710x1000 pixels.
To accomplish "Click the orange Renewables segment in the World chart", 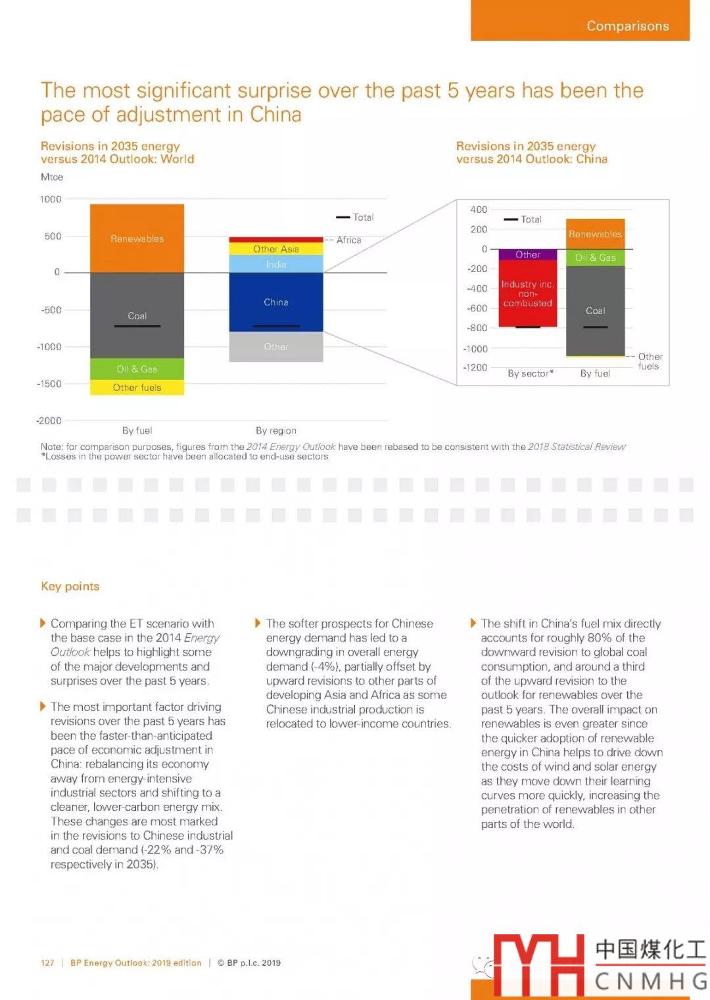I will (137, 238).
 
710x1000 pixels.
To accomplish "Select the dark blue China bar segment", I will (276, 302).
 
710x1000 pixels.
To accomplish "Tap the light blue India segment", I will (276, 264).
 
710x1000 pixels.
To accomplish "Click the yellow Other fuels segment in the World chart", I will (137, 387).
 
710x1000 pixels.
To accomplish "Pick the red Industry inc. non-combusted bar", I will (528, 293).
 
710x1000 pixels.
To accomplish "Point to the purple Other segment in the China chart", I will (528, 254).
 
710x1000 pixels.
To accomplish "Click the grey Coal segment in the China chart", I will (596, 310).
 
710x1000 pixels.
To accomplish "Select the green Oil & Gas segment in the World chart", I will (137, 369).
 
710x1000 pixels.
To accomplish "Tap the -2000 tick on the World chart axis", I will (49, 420).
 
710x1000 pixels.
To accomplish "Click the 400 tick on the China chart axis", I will (479, 210).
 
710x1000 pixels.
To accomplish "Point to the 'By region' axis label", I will (276, 430).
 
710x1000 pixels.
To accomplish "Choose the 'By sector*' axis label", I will (531, 373).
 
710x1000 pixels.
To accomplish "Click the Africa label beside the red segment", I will (348, 240).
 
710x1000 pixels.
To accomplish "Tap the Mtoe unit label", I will (52, 177).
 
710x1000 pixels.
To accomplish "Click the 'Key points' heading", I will (70, 586).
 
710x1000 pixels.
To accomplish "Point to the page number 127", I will (47, 963).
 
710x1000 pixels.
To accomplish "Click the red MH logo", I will (538, 965).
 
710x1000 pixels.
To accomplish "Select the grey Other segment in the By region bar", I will (276, 346).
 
